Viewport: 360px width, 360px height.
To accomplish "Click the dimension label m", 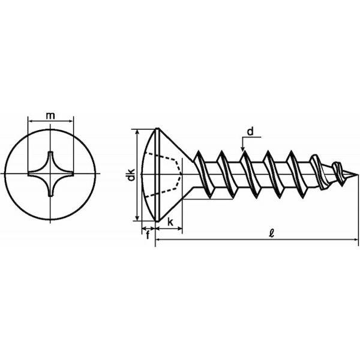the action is [50, 116].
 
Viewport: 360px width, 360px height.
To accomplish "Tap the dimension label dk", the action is [131, 175].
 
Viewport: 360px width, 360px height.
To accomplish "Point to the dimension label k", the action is [170, 222].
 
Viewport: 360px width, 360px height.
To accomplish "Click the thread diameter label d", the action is [250, 131].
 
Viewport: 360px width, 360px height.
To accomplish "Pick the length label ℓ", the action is [272, 233].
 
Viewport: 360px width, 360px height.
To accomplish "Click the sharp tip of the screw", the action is [357, 175].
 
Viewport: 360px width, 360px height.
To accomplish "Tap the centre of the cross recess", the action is [50, 174].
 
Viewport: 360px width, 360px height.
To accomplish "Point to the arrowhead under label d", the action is [243, 149].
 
